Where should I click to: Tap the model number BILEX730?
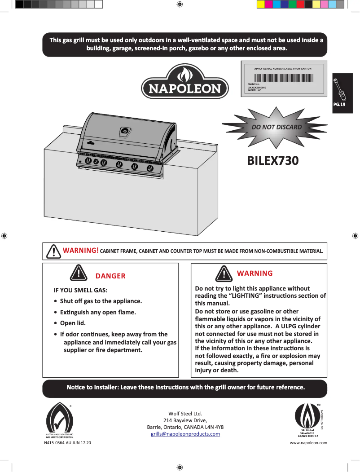(273, 160)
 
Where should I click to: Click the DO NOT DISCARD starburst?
(277, 127)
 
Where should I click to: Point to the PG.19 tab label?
(339, 105)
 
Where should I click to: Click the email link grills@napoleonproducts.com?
(185, 434)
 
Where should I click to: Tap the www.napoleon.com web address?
(309, 443)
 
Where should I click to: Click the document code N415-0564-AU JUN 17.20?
(67, 443)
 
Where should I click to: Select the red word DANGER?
(110, 276)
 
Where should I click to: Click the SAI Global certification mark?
(307, 419)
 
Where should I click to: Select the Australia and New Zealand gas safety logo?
(60, 420)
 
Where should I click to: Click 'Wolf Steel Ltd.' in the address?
(185, 413)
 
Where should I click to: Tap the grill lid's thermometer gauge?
(125, 132)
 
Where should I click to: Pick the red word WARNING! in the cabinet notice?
(81, 250)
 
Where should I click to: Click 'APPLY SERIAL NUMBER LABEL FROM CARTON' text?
(283, 68)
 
